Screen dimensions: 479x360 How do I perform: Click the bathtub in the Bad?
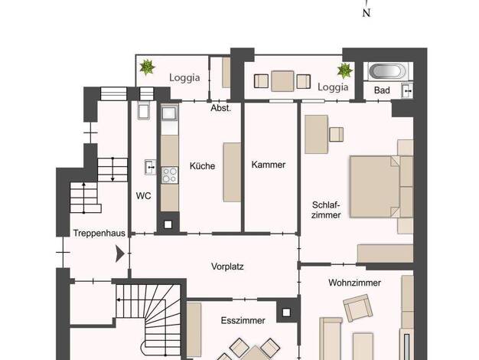pos(388,71)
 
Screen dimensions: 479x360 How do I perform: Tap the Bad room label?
pos(382,90)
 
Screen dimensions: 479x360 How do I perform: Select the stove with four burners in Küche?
pos(169,175)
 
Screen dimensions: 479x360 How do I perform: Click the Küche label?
pos(202,165)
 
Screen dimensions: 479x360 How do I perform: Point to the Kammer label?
pos(269,165)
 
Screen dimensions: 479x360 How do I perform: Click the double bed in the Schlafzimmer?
pos(374,187)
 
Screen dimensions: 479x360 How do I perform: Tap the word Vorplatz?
pos(227,267)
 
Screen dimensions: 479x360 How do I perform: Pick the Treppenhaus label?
pos(99,233)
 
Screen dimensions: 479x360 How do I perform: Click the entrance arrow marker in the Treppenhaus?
pos(120,254)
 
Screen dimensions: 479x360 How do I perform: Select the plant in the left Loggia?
pos(147,67)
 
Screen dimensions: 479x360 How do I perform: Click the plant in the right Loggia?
pos(345,70)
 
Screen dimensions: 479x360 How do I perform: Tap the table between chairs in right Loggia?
pos(282,81)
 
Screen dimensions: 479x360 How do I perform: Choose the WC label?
pos(143,196)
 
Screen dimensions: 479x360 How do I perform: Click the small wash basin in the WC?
pos(150,167)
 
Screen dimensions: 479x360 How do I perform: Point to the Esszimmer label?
pos(243,320)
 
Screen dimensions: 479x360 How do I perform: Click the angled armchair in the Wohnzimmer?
pos(358,308)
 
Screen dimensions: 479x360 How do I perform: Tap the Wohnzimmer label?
pos(355,283)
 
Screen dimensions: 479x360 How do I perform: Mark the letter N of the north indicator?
pos(367,12)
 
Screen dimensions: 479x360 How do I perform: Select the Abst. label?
pos(221,108)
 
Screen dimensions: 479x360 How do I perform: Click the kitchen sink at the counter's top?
pos(169,113)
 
